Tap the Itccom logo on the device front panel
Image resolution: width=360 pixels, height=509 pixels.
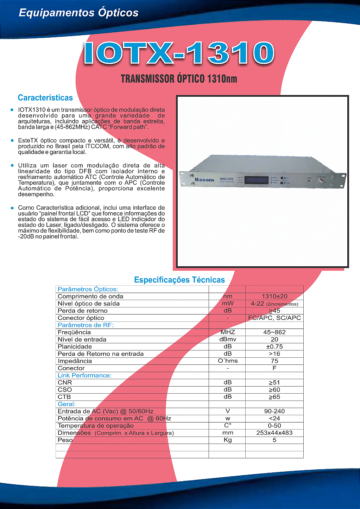click(x=204, y=180)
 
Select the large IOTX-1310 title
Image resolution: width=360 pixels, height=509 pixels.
click(x=179, y=53)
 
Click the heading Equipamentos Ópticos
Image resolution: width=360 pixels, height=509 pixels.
click(x=78, y=13)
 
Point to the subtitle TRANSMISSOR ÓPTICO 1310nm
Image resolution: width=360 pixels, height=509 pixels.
click(x=179, y=79)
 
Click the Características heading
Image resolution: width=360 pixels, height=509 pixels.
click(x=45, y=98)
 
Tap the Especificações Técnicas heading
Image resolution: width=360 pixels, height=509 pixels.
click(x=179, y=280)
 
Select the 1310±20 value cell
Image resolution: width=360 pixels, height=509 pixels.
click(x=274, y=297)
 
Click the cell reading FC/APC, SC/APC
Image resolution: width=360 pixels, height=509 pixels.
click(x=274, y=318)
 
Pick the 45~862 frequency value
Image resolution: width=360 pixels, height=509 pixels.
click(x=274, y=332)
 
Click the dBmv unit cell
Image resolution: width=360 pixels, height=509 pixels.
click(x=228, y=339)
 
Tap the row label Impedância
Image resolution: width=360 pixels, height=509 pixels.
click(x=75, y=361)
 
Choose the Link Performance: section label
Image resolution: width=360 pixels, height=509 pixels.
click(x=84, y=376)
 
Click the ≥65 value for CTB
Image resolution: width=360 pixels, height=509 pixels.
click(x=274, y=397)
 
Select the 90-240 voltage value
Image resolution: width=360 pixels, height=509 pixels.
click(x=274, y=412)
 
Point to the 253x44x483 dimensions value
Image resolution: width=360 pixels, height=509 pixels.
click(x=274, y=433)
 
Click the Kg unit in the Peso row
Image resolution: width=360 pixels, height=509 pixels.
click(x=228, y=440)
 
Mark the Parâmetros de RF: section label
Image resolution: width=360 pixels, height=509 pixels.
click(x=86, y=325)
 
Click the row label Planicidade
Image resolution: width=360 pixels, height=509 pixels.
click(x=75, y=347)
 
